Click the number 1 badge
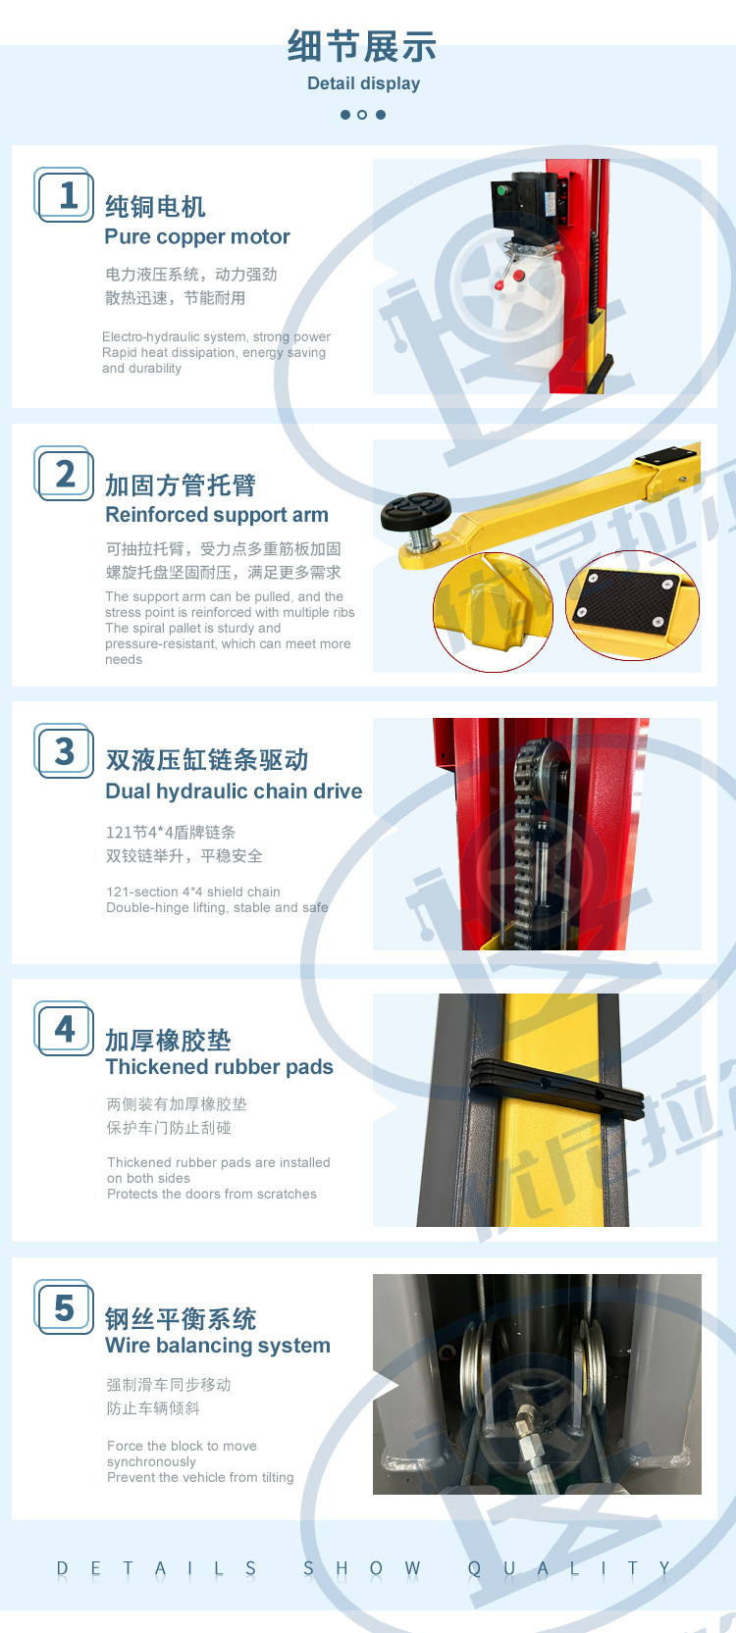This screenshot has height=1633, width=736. point(65,195)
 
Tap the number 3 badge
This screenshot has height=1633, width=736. point(65,751)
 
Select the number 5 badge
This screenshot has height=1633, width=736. point(65,1307)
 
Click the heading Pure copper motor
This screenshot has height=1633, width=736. point(197,236)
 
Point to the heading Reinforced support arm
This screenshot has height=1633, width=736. point(216,515)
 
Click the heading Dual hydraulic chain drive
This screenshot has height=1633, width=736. point(234,791)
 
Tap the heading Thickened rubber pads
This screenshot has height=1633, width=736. point(219,1067)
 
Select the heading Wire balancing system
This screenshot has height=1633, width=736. point(217,1346)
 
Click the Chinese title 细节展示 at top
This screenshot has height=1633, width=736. point(362,46)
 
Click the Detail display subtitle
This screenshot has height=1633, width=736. point(363,83)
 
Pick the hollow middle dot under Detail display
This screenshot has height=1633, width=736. point(362,115)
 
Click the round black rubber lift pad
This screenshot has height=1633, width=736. point(416,511)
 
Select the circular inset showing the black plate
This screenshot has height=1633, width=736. point(632,605)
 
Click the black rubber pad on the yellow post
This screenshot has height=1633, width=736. point(554,1090)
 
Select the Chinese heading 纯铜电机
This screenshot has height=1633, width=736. point(155,206)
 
